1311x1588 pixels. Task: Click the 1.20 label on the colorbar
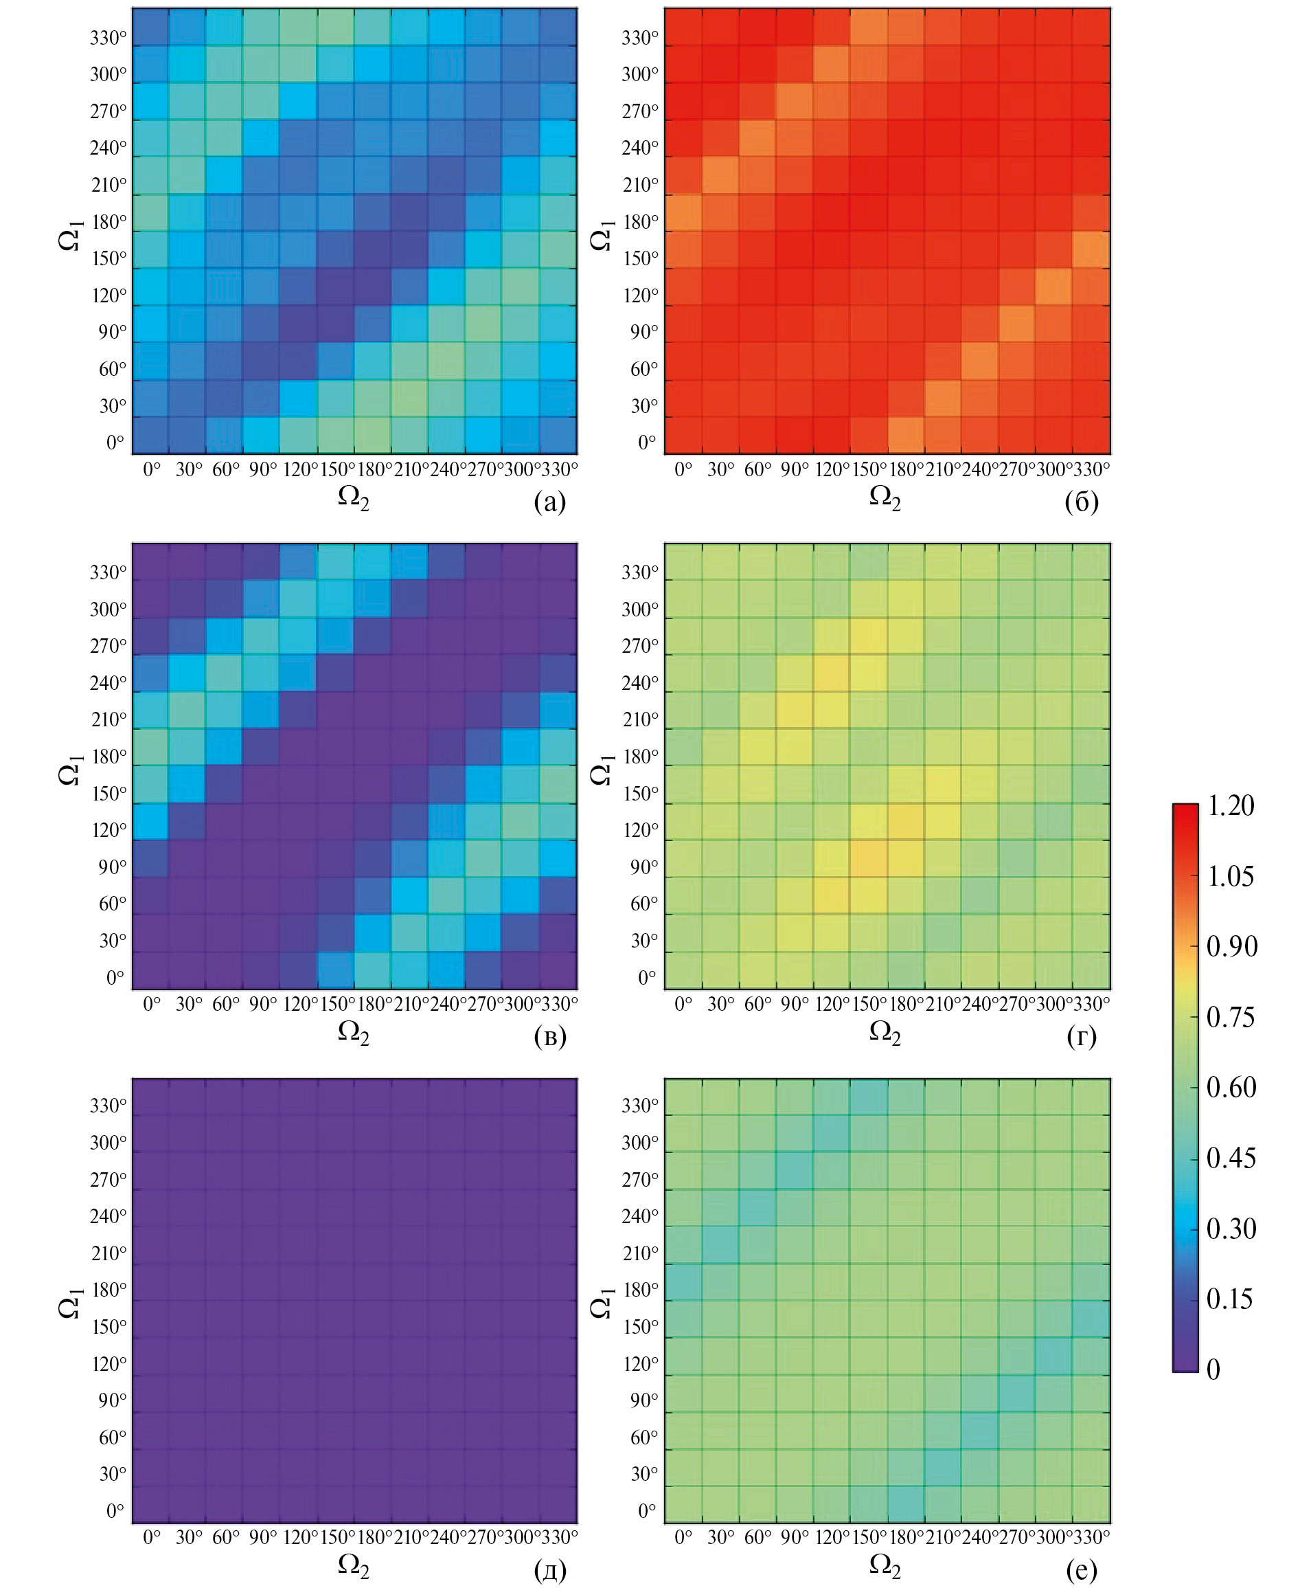tap(1230, 806)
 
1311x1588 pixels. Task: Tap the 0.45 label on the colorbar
tap(1230, 1158)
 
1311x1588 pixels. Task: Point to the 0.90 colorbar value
tap(1231, 947)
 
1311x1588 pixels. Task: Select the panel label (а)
tap(549, 502)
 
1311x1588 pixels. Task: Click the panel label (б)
tap(1081, 502)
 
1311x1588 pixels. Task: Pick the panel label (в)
tap(549, 1036)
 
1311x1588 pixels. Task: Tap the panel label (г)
tap(1081, 1036)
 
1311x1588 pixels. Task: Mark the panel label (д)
tap(549, 1570)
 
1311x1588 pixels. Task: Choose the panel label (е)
tap(1081, 1570)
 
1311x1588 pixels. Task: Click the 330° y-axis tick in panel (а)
tap(109, 38)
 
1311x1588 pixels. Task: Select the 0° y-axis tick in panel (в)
tap(115, 978)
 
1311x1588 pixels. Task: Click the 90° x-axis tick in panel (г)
tap(795, 1004)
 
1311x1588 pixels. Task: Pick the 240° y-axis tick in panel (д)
tap(109, 1216)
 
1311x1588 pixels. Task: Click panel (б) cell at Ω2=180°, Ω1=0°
tap(905, 435)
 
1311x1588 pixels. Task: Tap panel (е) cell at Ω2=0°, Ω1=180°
tap(683, 1283)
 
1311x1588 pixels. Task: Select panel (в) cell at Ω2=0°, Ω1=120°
tap(151, 822)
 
